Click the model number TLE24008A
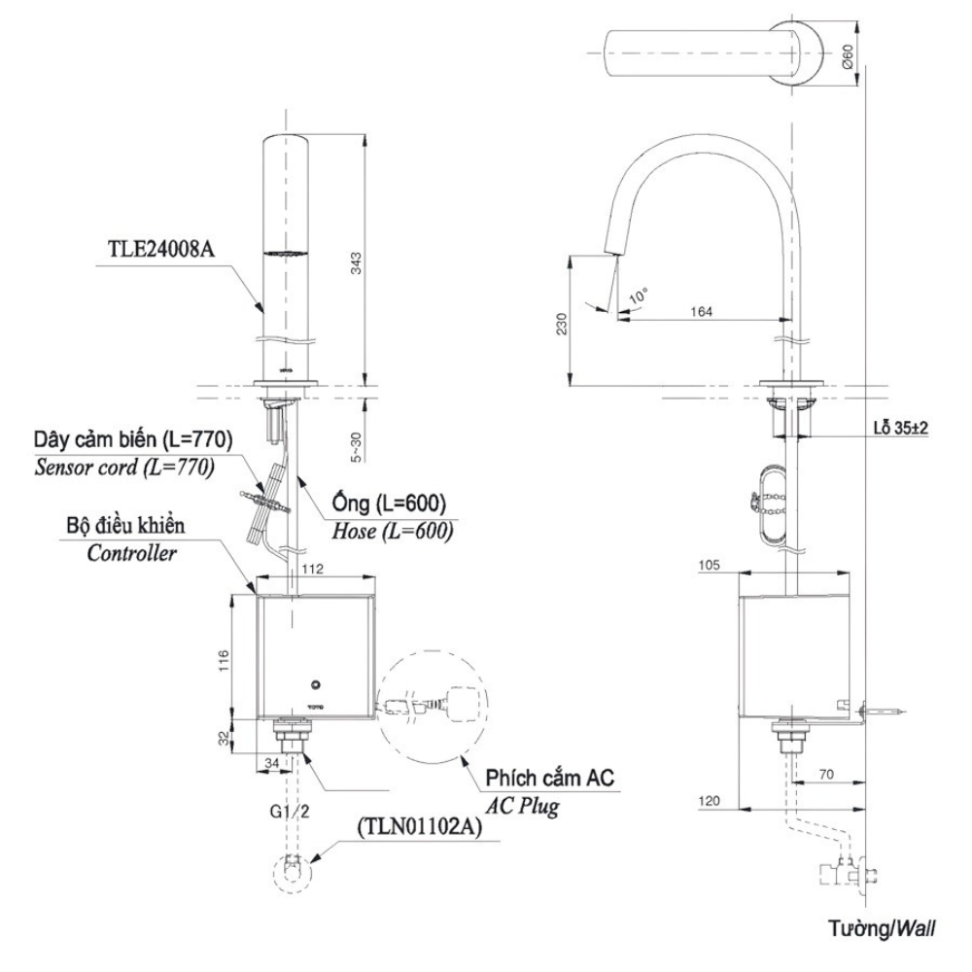(x=160, y=248)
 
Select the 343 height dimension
(x=357, y=262)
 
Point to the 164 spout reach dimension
(x=701, y=312)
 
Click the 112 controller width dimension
(x=311, y=569)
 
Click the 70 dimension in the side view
(x=825, y=775)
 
